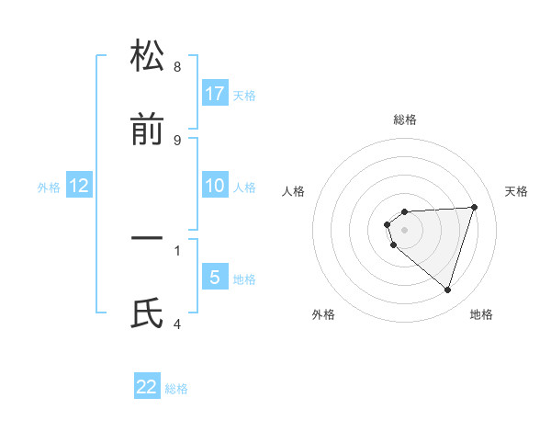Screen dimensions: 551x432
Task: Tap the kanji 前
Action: (x=147, y=131)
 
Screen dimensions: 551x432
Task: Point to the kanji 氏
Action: (x=147, y=315)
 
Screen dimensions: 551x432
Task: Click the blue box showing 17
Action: (x=215, y=93)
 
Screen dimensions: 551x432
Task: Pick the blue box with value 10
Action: (x=215, y=186)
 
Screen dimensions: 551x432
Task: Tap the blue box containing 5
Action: (x=215, y=278)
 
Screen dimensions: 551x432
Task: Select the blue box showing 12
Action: (x=79, y=187)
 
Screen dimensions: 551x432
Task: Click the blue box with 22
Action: (x=147, y=387)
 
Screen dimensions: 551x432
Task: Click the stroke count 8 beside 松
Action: (x=177, y=67)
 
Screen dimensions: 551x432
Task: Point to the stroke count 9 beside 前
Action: (x=177, y=141)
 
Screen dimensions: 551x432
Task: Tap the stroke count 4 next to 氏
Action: (x=177, y=324)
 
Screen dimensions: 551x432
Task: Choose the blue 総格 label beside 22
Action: (x=176, y=389)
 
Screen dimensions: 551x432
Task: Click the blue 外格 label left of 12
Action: (x=49, y=188)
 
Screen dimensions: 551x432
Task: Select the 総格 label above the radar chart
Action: (x=405, y=120)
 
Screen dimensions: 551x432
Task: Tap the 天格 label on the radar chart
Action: (x=517, y=191)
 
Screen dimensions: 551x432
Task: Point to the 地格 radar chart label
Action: (x=481, y=315)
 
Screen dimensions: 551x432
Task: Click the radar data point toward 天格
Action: (x=474, y=207)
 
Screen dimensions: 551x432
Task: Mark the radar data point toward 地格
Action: (x=447, y=290)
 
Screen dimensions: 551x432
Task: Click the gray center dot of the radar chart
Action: (x=404, y=230)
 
